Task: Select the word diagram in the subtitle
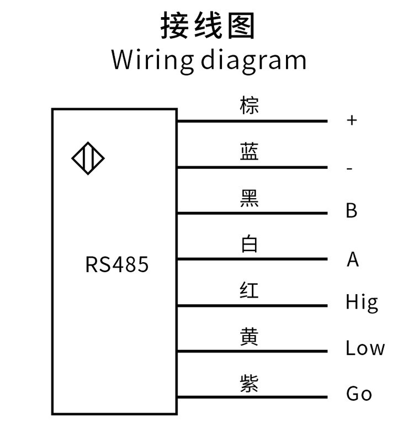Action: pyautogui.click(x=253, y=60)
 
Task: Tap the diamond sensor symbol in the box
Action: pyautogui.click(x=88, y=159)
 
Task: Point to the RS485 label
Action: pyautogui.click(x=117, y=264)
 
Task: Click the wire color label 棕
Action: pyautogui.click(x=250, y=105)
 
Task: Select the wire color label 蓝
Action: pyautogui.click(x=250, y=151)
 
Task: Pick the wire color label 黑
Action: pyautogui.click(x=250, y=198)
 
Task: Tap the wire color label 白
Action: pyautogui.click(x=250, y=243)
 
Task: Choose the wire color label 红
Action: pyautogui.click(x=250, y=290)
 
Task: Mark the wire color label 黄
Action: pyautogui.click(x=250, y=336)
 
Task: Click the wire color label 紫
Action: pyautogui.click(x=250, y=382)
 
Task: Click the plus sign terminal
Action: pyautogui.click(x=352, y=120)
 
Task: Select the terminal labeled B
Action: pyautogui.click(x=352, y=211)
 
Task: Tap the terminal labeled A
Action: pyautogui.click(x=353, y=259)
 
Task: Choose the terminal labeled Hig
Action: pyautogui.click(x=362, y=303)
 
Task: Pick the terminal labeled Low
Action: pyautogui.click(x=365, y=348)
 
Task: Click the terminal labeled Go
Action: pyautogui.click(x=359, y=394)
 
